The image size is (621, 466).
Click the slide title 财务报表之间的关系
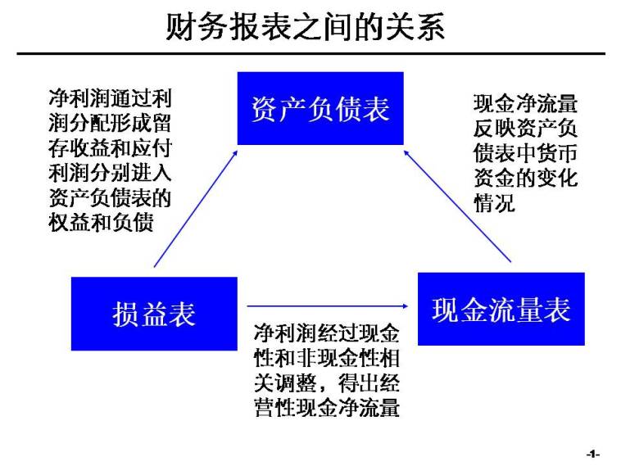[x=305, y=28]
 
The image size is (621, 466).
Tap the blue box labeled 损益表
[x=154, y=314]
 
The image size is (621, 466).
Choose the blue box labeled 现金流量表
[x=501, y=309]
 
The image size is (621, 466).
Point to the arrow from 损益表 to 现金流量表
[x=328, y=306]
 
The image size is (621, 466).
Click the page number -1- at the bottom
[x=593, y=454]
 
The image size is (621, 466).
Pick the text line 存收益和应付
[x=110, y=149]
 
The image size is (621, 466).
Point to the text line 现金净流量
[x=525, y=104]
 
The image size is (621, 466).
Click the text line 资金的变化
[x=525, y=179]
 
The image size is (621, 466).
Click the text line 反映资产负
[x=525, y=129]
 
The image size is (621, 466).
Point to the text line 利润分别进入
[x=110, y=174]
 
